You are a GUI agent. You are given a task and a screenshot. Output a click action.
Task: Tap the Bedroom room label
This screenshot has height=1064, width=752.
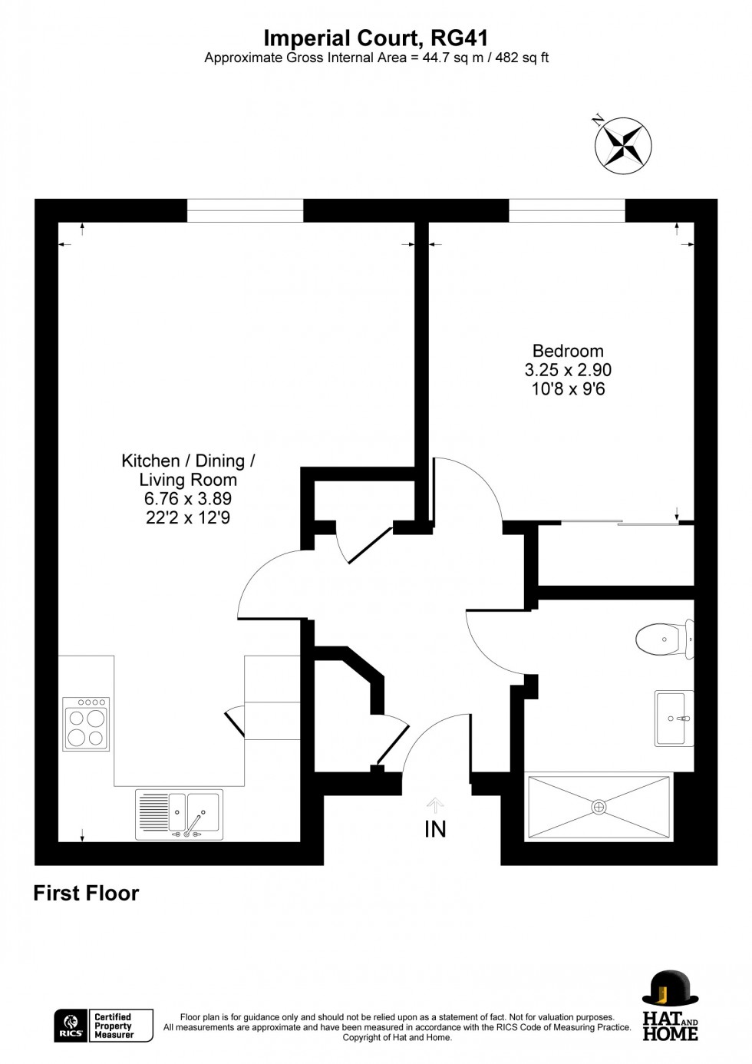(x=568, y=351)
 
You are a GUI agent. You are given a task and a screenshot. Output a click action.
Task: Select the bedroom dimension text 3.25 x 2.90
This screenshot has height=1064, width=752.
(x=568, y=370)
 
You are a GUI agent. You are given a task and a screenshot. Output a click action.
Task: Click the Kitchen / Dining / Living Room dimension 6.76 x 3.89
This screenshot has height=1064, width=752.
(x=188, y=499)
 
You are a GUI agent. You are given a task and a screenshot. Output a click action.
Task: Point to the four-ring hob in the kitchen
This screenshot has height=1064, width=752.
(x=86, y=724)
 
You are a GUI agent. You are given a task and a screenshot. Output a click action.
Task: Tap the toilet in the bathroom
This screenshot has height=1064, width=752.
(x=665, y=639)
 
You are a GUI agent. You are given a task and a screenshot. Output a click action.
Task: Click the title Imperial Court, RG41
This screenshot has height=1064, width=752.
(x=376, y=38)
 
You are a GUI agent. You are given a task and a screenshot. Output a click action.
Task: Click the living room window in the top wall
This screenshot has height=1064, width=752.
(x=245, y=210)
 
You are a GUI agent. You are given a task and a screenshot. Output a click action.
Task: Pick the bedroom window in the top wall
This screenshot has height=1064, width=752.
(x=567, y=210)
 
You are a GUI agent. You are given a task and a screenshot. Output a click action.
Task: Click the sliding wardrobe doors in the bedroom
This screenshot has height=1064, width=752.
(x=620, y=524)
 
